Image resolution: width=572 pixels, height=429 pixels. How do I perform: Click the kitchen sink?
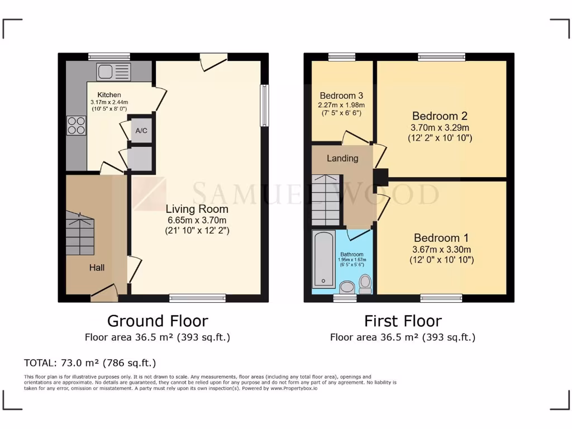click(x=113, y=71)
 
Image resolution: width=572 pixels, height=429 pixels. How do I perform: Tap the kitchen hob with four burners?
click(x=77, y=125)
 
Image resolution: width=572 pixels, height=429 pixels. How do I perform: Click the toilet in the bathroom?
click(x=365, y=284)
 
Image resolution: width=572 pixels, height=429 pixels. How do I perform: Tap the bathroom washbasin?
click(x=346, y=288)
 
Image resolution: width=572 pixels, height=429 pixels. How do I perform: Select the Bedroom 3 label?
click(x=342, y=96)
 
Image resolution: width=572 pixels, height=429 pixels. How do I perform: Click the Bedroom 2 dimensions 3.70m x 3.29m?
click(x=440, y=127)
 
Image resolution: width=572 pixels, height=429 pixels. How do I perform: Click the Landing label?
click(x=342, y=158)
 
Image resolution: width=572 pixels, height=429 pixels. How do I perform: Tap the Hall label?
click(x=97, y=268)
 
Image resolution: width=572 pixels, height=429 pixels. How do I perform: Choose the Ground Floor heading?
click(x=157, y=321)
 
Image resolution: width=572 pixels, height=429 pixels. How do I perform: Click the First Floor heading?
click(x=403, y=321)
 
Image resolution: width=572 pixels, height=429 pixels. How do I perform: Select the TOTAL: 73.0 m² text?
click(x=90, y=363)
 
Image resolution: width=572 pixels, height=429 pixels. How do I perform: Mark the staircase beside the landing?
click(x=325, y=199)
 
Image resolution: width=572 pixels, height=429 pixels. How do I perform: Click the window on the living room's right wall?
click(x=265, y=105)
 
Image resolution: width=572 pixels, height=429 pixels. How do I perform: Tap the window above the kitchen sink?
click(x=109, y=56)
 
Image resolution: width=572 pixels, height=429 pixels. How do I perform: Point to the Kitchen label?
click(x=109, y=95)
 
